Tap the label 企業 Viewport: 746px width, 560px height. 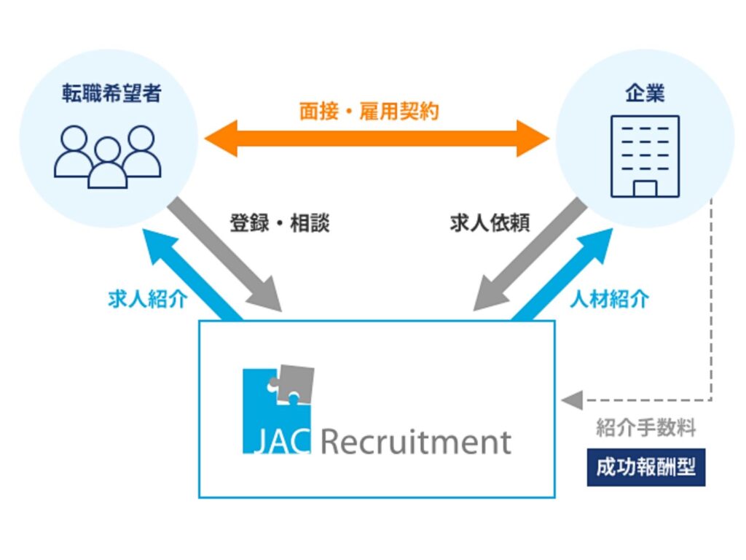[x=645, y=93]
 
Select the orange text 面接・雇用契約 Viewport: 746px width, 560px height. [x=369, y=111]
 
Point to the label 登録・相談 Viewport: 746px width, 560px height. [x=280, y=223]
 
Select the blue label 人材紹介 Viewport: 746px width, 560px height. [x=609, y=299]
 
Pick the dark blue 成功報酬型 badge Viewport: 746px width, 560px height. [x=645, y=467]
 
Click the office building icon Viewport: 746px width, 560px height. [x=645, y=156]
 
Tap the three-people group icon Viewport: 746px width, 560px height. [x=108, y=156]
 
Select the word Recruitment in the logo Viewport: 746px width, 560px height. [x=415, y=442]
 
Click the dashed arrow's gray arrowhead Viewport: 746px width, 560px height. [x=573, y=400]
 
